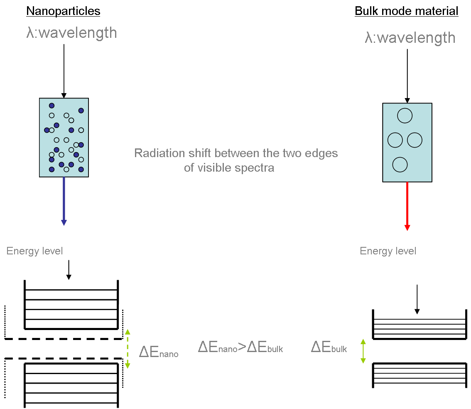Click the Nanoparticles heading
[x=63, y=11]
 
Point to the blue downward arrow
[x=64, y=201]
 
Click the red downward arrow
[x=407, y=206]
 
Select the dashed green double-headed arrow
[x=128, y=348]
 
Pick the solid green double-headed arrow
[x=363, y=351]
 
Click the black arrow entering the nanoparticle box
[x=64, y=71]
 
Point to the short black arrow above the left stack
[x=69, y=269]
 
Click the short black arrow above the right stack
[x=417, y=299]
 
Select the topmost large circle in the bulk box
[x=405, y=116]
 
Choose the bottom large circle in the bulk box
[x=400, y=165]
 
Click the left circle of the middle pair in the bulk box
[x=395, y=140]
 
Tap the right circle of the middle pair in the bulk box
[x=415, y=140]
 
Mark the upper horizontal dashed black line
[x=62, y=339]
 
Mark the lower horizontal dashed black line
[x=62, y=358]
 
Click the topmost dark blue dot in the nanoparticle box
[x=52, y=106]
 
